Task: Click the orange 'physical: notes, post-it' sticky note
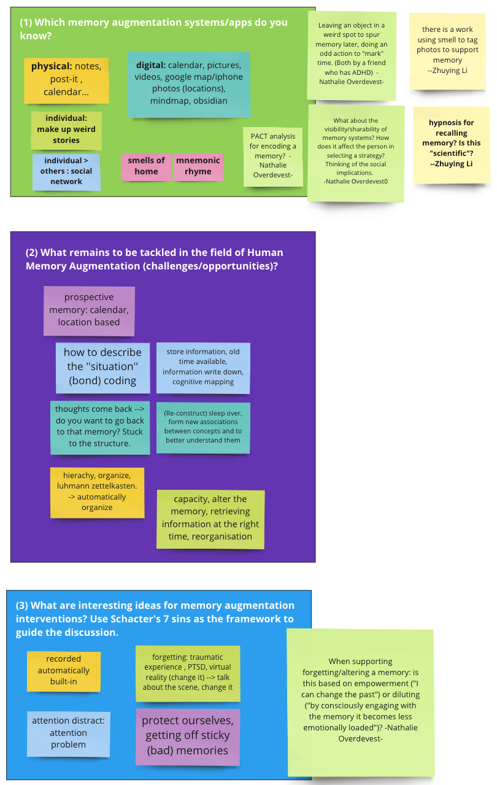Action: (66, 80)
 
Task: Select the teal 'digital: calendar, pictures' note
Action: (189, 85)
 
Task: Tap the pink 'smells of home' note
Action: (147, 167)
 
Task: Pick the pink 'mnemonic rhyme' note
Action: (198, 167)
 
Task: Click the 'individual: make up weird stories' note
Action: (66, 130)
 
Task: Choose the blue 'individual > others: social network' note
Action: (66, 172)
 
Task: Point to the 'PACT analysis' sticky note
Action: (273, 157)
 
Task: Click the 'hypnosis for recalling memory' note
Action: (452, 145)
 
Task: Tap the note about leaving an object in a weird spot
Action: (352, 56)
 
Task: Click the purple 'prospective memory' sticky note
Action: (89, 311)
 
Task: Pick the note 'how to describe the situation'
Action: (102, 368)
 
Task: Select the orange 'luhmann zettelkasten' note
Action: (98, 492)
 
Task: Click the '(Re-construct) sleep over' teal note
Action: (203, 428)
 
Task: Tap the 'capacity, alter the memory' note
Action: (210, 519)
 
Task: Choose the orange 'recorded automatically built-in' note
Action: (64, 671)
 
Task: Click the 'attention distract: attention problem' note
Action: (68, 733)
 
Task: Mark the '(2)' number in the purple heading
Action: (32, 253)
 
